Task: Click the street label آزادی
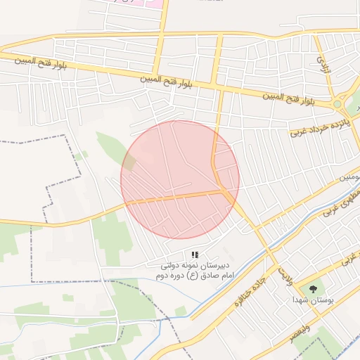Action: (324, 65)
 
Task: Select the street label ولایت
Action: (284, 268)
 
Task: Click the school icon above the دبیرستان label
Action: (195, 255)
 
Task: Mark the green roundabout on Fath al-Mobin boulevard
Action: (337, 105)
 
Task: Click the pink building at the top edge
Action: (150, 3)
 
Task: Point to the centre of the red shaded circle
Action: (180, 180)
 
